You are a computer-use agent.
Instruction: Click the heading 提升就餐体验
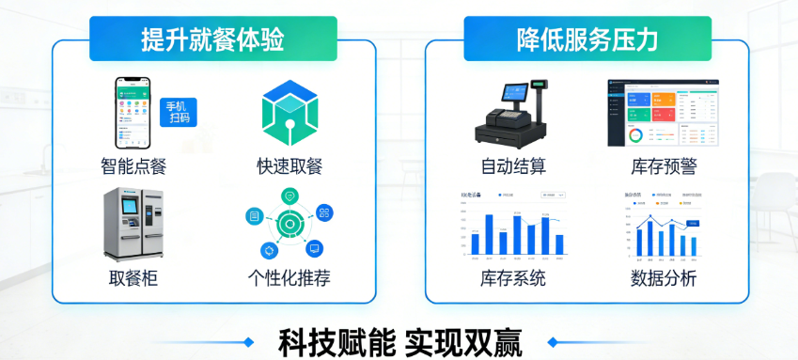(x=212, y=39)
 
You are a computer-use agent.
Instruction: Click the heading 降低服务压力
(x=587, y=39)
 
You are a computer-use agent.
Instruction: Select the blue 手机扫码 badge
(x=179, y=112)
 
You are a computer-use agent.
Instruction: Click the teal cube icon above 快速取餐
(x=289, y=112)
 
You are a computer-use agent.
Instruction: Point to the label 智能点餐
(x=133, y=167)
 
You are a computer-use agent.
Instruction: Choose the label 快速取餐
(x=289, y=167)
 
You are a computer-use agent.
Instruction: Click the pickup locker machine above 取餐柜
(x=133, y=223)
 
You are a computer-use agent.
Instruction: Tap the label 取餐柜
(x=133, y=279)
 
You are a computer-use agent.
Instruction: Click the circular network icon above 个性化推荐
(x=289, y=223)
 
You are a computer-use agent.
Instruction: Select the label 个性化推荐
(x=289, y=279)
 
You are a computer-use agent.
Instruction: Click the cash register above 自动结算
(x=513, y=112)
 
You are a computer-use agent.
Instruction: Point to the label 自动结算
(x=513, y=167)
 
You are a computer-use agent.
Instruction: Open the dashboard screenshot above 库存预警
(x=663, y=112)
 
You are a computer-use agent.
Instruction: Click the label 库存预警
(x=664, y=167)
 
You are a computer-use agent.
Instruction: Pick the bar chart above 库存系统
(x=513, y=225)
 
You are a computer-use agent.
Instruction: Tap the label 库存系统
(x=513, y=279)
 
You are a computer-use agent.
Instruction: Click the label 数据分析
(x=664, y=279)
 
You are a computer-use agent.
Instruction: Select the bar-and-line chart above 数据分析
(x=664, y=225)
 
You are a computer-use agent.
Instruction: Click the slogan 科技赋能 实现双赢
(x=399, y=341)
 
